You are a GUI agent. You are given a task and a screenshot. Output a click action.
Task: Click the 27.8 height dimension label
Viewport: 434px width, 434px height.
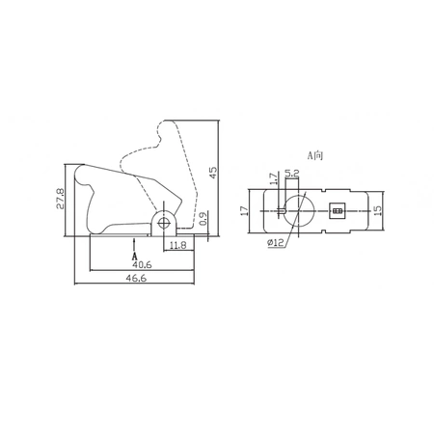[61, 199]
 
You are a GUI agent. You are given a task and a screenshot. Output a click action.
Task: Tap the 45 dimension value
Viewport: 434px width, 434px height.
[213, 173]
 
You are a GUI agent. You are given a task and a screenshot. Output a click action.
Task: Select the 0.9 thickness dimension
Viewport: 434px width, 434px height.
[203, 219]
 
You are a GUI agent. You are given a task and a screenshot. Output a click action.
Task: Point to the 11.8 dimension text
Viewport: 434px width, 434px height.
[177, 245]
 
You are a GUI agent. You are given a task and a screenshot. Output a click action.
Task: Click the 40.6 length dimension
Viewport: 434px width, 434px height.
[142, 264]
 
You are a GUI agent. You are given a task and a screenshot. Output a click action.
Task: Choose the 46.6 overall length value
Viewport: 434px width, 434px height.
[136, 278]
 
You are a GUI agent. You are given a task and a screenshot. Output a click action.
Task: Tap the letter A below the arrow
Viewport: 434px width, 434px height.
[135, 257]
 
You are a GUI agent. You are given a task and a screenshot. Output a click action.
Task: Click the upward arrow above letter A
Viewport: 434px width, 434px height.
[134, 244]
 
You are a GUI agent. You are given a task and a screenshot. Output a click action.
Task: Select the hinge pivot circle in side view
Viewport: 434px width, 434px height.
[164, 222]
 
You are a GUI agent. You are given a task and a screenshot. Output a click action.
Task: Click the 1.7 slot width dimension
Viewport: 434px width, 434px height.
[273, 178]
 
